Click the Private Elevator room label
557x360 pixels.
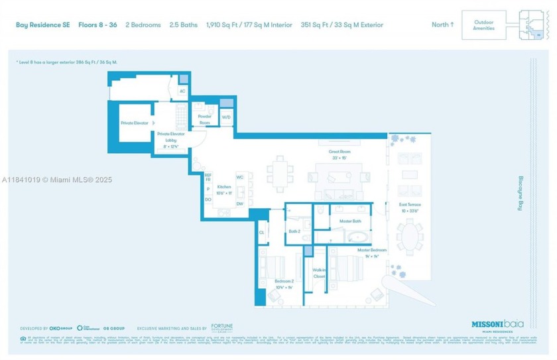click(x=135, y=123)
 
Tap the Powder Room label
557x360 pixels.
click(x=204, y=119)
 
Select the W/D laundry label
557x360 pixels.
click(x=226, y=117)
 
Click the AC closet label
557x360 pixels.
click(x=182, y=91)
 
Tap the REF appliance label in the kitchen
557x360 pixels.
click(x=208, y=175)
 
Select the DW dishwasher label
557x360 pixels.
click(x=239, y=204)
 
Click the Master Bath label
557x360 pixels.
click(x=349, y=221)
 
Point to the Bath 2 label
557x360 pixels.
click(x=294, y=231)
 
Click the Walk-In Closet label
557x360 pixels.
click(x=319, y=272)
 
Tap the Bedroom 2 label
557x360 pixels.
click(x=283, y=284)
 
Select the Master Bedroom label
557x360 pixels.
click(x=367, y=252)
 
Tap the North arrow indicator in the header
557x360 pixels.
click(x=443, y=25)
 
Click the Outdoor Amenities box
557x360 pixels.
click(x=483, y=25)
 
